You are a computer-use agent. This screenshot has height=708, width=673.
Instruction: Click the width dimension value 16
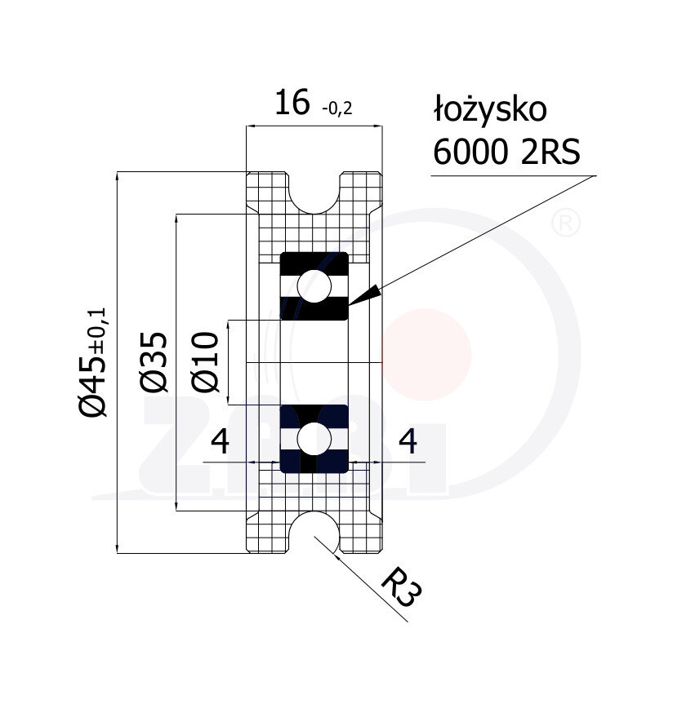click(x=292, y=102)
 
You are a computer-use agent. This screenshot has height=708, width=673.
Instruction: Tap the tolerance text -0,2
click(x=336, y=108)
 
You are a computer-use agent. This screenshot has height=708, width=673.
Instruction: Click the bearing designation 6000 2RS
click(x=506, y=152)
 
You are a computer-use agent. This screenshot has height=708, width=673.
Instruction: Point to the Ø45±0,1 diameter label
click(x=92, y=361)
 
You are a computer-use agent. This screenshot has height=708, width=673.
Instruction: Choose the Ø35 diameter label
click(x=154, y=361)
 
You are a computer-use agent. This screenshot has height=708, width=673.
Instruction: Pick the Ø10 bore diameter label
click(x=205, y=361)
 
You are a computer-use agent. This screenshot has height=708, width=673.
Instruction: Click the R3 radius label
click(x=401, y=587)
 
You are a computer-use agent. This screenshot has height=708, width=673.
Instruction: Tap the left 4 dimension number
click(x=221, y=441)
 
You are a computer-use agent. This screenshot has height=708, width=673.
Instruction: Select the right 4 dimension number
click(x=408, y=441)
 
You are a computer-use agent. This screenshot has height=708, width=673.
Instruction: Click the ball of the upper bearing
click(x=314, y=286)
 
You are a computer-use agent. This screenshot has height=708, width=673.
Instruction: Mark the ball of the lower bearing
click(x=314, y=439)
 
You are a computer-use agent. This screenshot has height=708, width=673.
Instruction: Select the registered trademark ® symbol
click(x=566, y=223)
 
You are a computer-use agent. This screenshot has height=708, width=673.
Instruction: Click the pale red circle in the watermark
click(x=426, y=355)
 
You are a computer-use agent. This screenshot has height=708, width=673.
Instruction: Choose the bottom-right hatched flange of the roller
click(x=362, y=533)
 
